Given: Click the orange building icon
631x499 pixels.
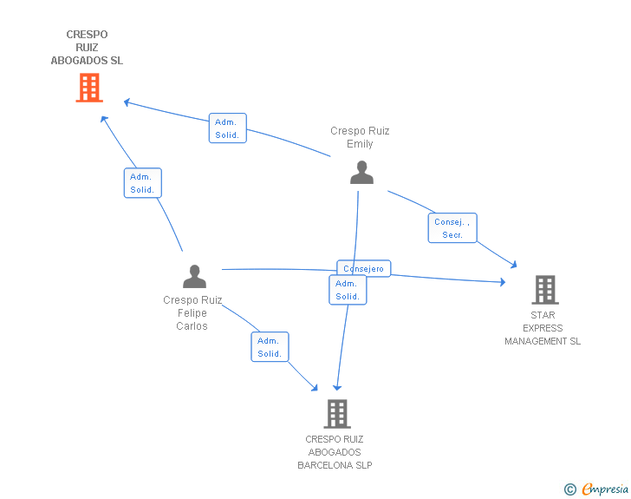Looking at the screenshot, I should pos(89,88).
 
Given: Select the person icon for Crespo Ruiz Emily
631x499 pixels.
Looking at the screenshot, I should pos(361,172).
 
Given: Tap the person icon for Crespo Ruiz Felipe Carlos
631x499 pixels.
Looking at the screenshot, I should pos(195,276).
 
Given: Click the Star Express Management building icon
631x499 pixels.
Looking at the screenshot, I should pos(544,289).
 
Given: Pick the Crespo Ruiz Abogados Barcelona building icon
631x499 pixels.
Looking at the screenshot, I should pos(337,414).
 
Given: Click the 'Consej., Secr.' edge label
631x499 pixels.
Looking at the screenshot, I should pos(452,228).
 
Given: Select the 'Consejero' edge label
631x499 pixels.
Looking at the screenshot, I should pos(364,269).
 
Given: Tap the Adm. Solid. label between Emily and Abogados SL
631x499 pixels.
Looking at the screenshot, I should pos(228,128).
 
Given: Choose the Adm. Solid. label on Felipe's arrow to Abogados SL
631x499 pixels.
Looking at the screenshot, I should pos(142,183).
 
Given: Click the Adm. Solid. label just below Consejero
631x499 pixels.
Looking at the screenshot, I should pos(348,290).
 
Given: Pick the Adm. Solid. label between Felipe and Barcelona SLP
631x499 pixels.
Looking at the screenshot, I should pos(270,347).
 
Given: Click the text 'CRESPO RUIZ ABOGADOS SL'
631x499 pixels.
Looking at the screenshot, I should pos(87,48).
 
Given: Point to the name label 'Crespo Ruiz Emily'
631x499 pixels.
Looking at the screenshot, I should pos(360,137).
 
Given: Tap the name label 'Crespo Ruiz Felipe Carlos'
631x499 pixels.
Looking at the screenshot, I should pos(192,312).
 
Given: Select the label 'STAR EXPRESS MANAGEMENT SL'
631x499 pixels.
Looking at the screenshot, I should pos(543,328).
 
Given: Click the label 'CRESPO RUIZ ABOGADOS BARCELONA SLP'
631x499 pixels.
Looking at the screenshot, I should pos(335,452).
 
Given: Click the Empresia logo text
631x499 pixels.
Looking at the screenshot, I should pos(605,489).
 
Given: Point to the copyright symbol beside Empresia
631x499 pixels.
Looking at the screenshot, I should pos(569,489).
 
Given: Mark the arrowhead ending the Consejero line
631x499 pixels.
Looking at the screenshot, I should pos(503,281).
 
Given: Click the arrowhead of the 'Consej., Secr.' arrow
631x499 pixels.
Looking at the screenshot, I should pos(514,264).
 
